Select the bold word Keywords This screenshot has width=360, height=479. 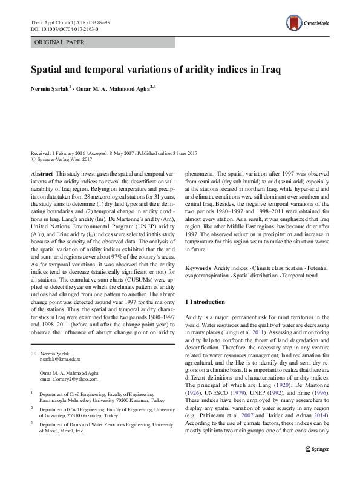click(198, 268)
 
